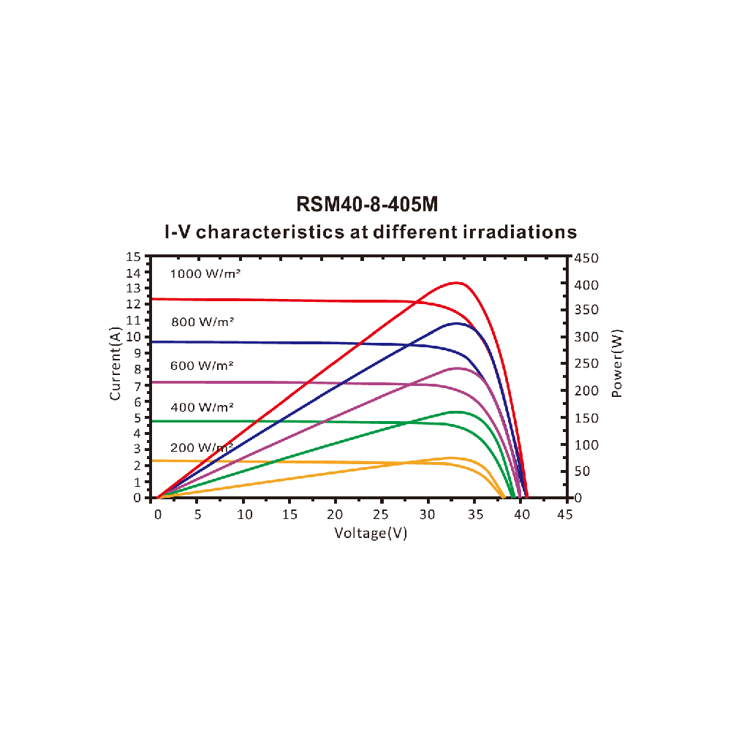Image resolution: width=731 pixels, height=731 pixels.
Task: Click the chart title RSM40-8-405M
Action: point(367,204)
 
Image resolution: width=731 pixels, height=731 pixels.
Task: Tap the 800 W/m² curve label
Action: point(202,321)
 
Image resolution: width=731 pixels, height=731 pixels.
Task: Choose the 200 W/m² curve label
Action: point(202,447)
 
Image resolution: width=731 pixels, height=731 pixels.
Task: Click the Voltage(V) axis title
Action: point(371,533)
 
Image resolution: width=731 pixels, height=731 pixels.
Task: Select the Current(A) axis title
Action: point(115,363)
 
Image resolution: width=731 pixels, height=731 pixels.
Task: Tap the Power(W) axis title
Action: point(617,363)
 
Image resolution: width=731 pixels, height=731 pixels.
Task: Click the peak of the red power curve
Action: point(457,282)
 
